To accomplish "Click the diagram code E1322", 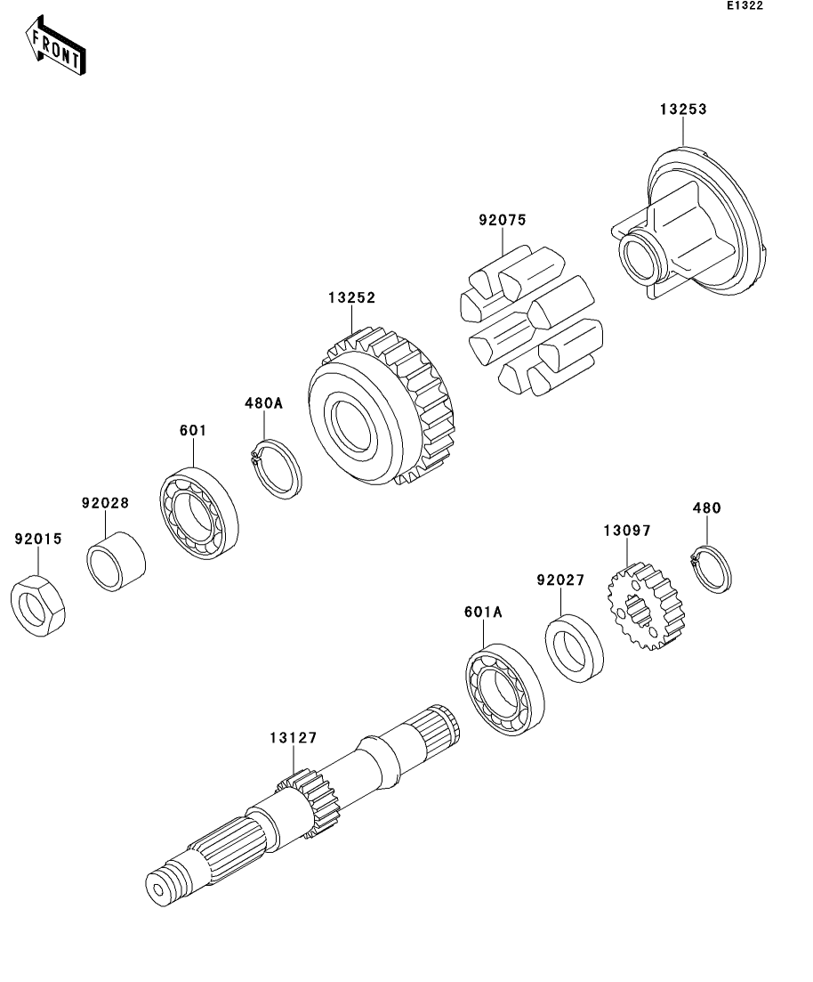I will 744,6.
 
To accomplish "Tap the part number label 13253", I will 682,110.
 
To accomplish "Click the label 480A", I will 263,403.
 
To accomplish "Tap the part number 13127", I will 294,737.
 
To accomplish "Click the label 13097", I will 628,531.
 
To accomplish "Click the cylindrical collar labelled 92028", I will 117,560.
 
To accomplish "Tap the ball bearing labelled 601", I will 200,514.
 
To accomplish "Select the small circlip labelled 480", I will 712,567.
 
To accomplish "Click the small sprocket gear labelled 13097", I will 646,612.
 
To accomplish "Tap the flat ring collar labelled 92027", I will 574,649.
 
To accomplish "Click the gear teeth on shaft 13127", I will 306,801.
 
